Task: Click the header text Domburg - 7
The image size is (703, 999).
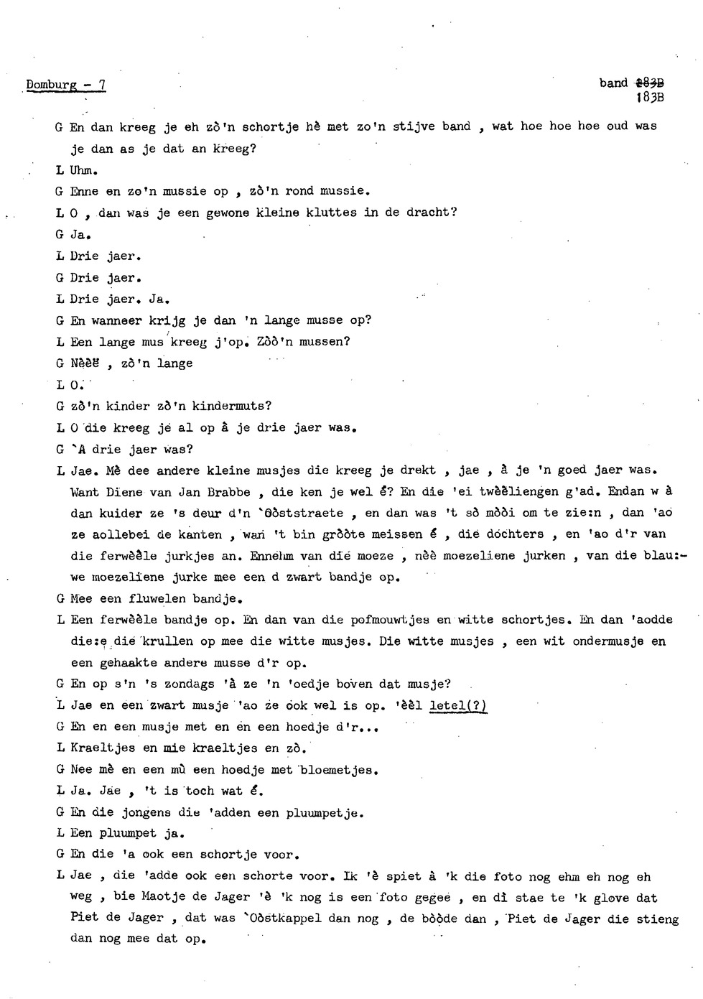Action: click(x=66, y=85)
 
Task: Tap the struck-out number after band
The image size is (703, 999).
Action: click(x=649, y=83)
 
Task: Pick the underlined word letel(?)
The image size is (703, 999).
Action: click(x=457, y=706)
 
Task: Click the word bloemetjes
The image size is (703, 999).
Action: click(x=339, y=770)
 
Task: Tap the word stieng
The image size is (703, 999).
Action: click(x=658, y=919)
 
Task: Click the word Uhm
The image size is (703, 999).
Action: click(x=84, y=170)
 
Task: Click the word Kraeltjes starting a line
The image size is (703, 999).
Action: click(x=103, y=748)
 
